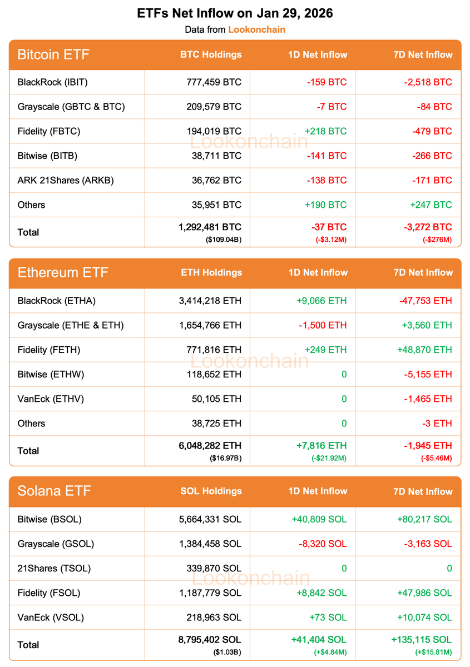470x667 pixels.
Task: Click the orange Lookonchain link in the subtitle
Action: tap(256, 29)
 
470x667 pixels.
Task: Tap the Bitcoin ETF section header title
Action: tap(53, 54)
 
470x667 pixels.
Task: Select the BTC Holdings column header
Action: tap(211, 54)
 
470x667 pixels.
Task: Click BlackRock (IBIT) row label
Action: tap(53, 82)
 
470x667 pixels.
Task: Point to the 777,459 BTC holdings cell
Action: tap(214, 82)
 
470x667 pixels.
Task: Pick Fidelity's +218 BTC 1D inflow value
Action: tap(325, 131)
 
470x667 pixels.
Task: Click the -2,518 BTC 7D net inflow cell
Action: tap(428, 82)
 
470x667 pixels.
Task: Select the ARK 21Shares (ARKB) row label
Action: tap(66, 180)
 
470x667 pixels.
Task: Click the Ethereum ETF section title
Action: tap(63, 273)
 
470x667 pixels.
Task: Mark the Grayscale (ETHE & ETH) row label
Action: tap(71, 325)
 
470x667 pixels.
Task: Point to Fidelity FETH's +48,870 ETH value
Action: tap(424, 350)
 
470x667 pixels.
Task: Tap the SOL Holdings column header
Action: tap(211, 491)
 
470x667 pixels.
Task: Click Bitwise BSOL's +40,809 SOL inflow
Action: tap(319, 519)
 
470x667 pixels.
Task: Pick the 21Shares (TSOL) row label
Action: tap(54, 568)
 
